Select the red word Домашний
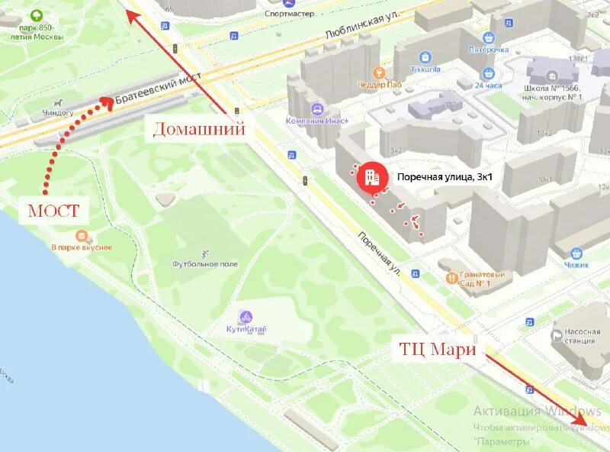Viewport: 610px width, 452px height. point(200,129)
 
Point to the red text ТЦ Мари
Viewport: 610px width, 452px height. point(437,350)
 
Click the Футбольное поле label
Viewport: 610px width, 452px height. point(204,264)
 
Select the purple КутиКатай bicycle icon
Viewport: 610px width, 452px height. point(246,316)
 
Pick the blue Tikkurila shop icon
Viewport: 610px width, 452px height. point(425,56)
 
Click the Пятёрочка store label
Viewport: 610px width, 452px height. point(488,50)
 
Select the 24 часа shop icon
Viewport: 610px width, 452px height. point(488,73)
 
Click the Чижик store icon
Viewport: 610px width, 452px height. point(577,253)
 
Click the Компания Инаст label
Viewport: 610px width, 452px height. point(317,121)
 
